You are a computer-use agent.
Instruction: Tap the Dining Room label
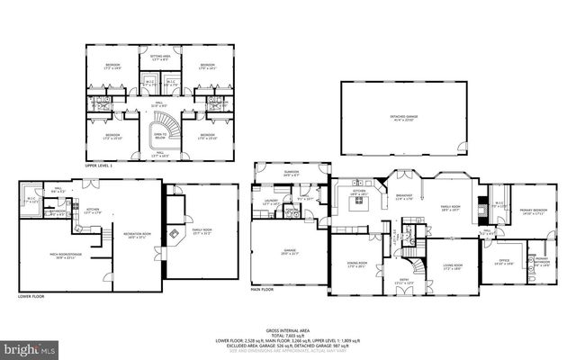point(358,265)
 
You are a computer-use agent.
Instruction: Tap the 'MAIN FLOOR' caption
point(264,290)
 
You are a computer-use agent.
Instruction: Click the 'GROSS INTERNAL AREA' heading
point(288,331)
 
